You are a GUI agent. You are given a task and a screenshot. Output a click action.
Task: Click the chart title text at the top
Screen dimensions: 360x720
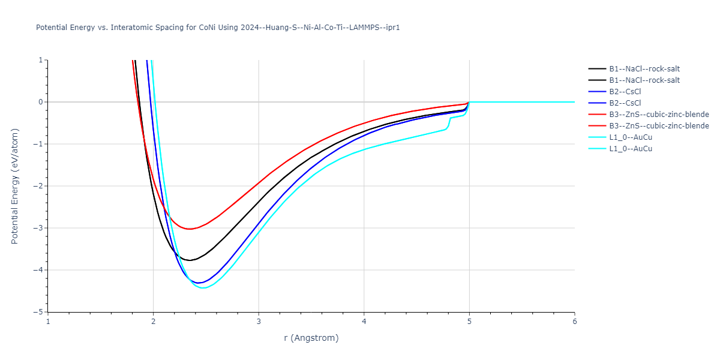(218, 28)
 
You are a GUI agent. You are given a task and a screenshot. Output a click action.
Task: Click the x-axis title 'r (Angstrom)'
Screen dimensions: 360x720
(311, 338)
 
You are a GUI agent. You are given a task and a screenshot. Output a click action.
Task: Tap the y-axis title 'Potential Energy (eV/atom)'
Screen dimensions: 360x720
(15, 186)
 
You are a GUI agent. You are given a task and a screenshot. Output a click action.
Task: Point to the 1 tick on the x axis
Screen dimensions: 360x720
(48, 322)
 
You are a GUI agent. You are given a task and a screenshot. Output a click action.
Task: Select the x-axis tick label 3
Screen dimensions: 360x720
(259, 322)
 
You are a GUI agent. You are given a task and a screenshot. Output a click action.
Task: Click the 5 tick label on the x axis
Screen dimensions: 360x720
(469, 322)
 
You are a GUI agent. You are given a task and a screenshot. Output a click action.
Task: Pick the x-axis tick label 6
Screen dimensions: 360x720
(574, 322)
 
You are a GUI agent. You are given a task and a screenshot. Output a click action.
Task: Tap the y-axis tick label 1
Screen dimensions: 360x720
(41, 60)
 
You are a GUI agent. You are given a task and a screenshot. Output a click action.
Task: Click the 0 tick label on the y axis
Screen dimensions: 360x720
(41, 102)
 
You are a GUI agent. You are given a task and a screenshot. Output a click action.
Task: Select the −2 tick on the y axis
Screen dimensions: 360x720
(38, 186)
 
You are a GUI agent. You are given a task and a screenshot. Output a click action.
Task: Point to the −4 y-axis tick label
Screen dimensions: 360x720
(38, 270)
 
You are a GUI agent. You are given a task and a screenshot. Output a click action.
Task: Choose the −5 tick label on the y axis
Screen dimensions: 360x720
(38, 312)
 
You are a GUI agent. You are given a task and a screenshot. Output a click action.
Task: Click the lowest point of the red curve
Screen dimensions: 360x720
(189, 229)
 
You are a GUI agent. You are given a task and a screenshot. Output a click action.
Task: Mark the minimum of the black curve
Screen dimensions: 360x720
(190, 260)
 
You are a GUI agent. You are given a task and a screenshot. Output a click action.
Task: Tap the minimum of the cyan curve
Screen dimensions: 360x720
(203, 288)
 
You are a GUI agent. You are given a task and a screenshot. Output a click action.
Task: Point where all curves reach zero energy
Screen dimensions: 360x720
(469, 102)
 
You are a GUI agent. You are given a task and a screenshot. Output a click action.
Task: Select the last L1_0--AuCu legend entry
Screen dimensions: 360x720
(630, 149)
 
